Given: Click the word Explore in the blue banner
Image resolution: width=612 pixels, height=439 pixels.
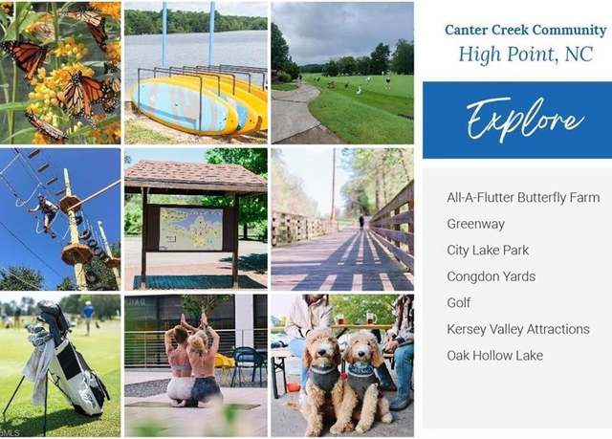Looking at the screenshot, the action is click(x=525, y=120).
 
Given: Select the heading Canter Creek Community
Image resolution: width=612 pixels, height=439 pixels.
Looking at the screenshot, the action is click(x=525, y=30).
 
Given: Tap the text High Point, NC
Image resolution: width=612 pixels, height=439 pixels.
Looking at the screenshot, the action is click(x=525, y=54).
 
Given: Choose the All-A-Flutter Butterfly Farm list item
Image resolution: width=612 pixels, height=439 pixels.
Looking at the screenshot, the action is click(x=523, y=197).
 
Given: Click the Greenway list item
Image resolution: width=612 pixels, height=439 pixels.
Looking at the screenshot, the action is click(x=476, y=224).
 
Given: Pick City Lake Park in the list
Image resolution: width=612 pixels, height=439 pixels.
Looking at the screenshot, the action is click(x=488, y=251).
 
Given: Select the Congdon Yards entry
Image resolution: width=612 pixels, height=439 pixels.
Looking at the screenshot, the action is click(x=491, y=276).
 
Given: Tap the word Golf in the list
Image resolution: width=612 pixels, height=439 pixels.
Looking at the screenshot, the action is click(x=459, y=303).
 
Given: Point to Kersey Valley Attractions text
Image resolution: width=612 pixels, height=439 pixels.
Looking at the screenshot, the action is click(x=518, y=329).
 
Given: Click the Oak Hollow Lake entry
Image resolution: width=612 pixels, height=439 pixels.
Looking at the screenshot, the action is click(x=495, y=356).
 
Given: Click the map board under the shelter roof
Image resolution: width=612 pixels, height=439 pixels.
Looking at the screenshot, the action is click(x=191, y=229).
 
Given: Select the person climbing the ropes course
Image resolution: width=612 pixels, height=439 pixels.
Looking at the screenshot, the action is click(x=46, y=214).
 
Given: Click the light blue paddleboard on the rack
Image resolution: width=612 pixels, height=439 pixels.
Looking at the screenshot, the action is click(x=181, y=105).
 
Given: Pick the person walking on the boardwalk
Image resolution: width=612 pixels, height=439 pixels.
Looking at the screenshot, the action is click(x=361, y=222).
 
